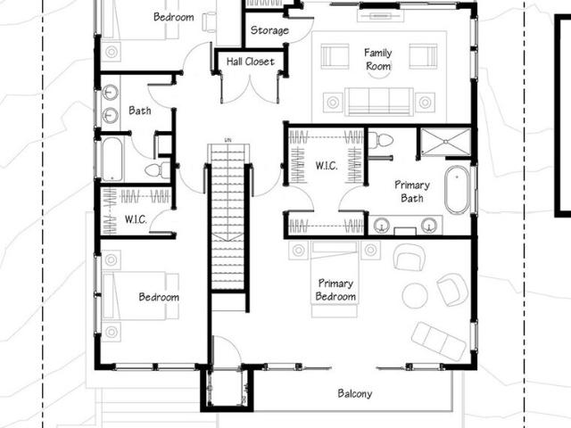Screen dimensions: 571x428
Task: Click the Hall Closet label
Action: click(250, 62)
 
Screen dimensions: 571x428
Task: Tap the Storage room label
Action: click(269, 30)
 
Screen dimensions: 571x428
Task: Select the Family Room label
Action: click(378, 60)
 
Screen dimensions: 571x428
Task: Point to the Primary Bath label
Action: click(412, 192)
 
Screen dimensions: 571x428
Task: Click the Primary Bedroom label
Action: click(335, 290)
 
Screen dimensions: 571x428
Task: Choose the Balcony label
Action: click(355, 393)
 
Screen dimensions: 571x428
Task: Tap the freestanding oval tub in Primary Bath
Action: click(457, 190)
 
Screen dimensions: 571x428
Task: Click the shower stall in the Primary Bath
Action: click(446, 142)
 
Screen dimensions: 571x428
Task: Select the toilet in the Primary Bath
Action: click(381, 140)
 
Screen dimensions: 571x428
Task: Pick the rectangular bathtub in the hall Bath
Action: click(112, 159)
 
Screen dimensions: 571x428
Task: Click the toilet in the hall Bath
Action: click(157, 170)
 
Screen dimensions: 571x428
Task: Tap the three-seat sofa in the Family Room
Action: click(379, 101)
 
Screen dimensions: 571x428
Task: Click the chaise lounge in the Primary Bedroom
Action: click(439, 341)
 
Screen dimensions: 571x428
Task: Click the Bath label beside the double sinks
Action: click(140, 111)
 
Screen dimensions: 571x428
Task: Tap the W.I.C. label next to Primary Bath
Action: click(327, 166)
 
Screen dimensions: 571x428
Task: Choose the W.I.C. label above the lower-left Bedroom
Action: click(136, 219)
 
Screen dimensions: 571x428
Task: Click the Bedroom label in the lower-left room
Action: click(159, 297)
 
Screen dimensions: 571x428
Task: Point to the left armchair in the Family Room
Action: click(335, 56)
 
